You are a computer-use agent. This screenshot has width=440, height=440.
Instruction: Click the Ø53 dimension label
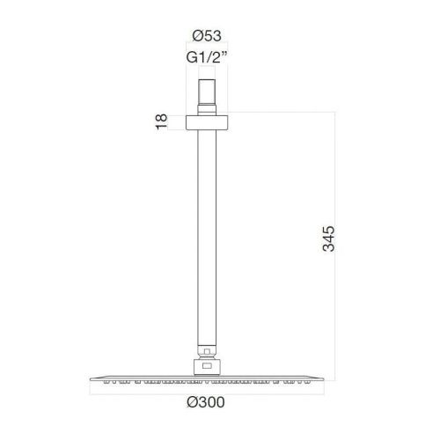[207, 36]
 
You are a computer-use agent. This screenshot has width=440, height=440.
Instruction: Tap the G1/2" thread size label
[207, 57]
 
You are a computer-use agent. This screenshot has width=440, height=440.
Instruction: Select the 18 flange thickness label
[161, 121]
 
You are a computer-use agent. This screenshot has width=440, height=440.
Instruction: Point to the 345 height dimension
[328, 238]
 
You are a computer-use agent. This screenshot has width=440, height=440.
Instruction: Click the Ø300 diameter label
[206, 402]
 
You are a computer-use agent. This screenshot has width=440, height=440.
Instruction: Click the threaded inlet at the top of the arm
[207, 92]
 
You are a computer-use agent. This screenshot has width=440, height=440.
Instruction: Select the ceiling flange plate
[207, 122]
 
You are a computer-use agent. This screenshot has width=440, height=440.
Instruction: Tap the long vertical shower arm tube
[207, 238]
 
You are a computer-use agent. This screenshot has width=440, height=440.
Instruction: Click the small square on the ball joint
[207, 351]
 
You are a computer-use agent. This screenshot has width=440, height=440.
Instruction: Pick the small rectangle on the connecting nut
[207, 365]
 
